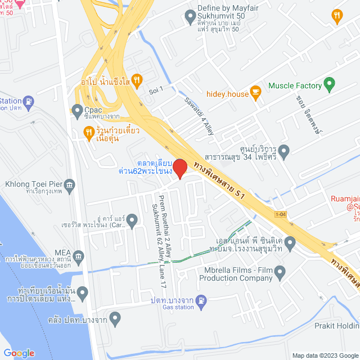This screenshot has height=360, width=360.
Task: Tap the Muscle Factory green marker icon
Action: click(x=330, y=85)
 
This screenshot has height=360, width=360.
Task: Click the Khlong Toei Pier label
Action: click(x=33, y=184)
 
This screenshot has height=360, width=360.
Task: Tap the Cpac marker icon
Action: click(x=78, y=110)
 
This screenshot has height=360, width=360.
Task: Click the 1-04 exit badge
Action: click(x=281, y=214)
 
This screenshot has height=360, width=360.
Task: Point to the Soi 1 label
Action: click(x=156, y=89)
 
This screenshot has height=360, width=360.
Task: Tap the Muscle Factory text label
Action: click(x=295, y=85)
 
